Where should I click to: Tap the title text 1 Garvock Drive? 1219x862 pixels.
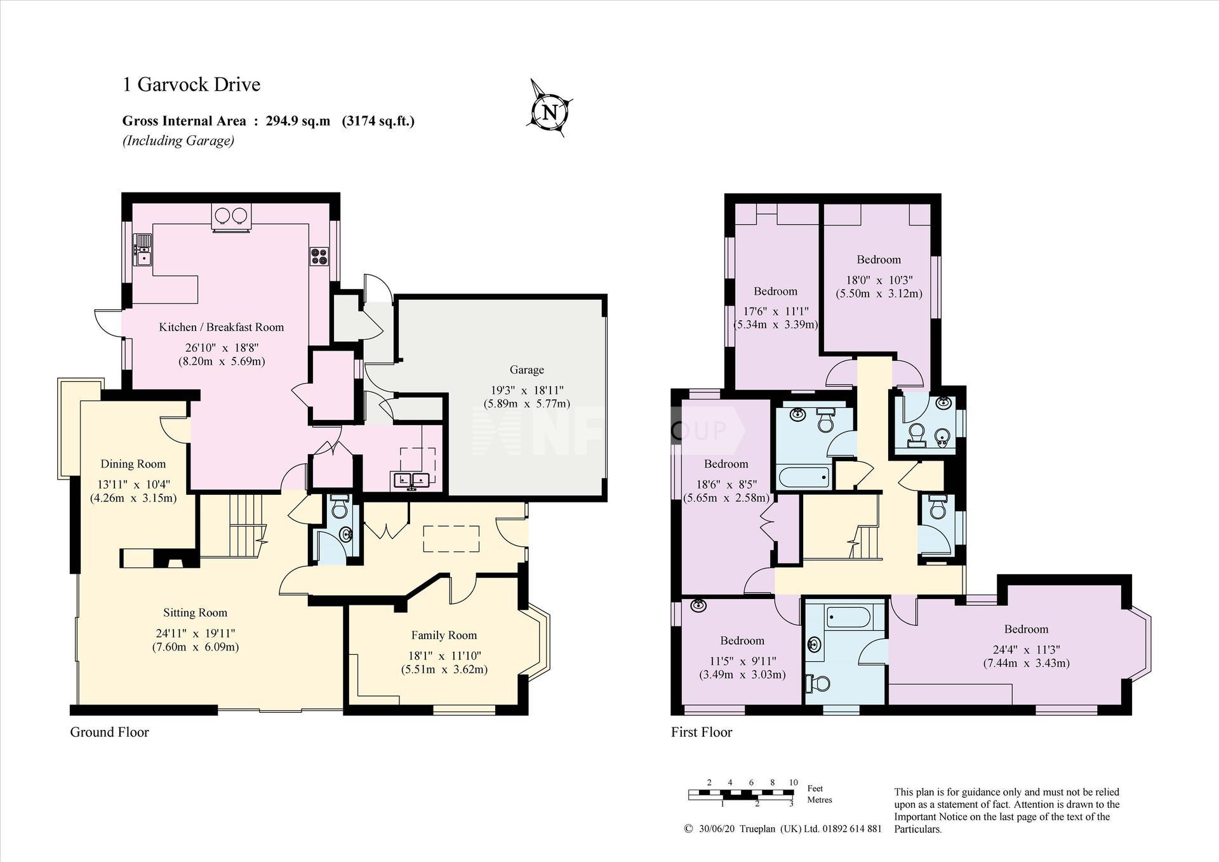(191, 84)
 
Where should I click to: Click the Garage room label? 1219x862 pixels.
(526, 370)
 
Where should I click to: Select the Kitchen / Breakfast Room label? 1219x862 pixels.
(221, 327)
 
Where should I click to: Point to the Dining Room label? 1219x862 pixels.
(133, 464)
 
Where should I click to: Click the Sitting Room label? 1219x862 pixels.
(195, 613)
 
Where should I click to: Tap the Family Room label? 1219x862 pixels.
(444, 635)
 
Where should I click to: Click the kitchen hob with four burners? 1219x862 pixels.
(319, 256)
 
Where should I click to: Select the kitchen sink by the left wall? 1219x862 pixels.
(143, 250)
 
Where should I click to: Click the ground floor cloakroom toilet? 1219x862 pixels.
(339, 507)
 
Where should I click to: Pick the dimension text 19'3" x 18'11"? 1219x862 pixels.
(526, 390)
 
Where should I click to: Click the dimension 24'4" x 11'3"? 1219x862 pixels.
(1026, 649)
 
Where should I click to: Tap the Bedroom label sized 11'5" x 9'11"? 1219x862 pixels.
(742, 640)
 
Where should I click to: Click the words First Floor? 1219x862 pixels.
(702, 732)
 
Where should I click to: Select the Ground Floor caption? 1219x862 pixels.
(109, 732)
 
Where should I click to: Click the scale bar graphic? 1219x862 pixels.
(741, 793)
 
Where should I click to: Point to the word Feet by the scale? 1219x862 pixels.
(815, 788)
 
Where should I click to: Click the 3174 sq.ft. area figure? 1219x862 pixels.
(378, 121)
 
